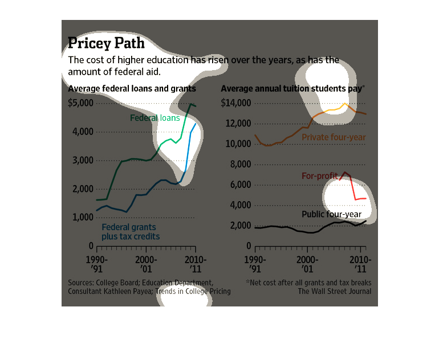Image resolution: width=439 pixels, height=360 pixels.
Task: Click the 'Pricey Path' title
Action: pos(106,43)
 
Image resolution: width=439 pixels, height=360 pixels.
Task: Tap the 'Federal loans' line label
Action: pos(155,118)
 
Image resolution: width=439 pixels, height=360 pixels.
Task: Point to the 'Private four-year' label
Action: pos(334,137)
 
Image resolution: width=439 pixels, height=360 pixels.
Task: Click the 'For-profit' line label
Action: pos(320,175)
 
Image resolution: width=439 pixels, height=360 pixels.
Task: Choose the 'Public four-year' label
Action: pos(331,214)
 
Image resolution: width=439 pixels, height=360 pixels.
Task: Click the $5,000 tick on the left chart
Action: pos(80,103)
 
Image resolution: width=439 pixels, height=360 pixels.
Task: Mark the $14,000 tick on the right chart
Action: pos(235,103)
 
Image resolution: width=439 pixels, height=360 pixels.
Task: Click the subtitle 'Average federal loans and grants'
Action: pos(132,89)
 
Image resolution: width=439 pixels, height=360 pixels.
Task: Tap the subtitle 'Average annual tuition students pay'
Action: pos(292,89)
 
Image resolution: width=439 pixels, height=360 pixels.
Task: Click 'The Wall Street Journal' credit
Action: pos(334,292)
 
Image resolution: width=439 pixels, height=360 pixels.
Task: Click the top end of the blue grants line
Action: pos(196,124)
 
